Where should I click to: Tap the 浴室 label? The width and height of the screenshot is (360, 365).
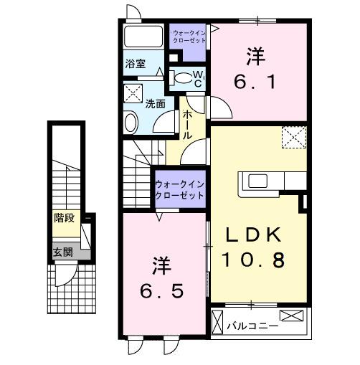pyautogui.click(x=136, y=63)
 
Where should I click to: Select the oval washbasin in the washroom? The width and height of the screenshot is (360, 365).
pyautogui.click(x=131, y=123)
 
